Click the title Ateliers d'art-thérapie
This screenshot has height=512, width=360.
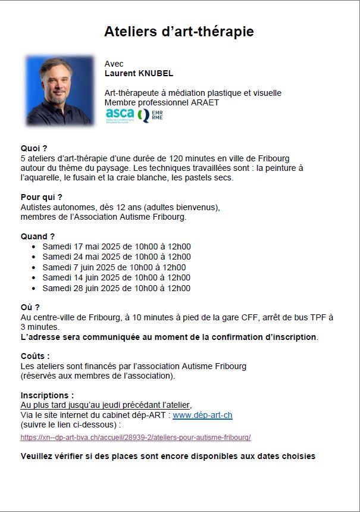[x=179, y=32]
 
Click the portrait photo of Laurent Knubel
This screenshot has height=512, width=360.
[x=60, y=90]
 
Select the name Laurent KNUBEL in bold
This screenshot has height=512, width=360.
[x=139, y=74]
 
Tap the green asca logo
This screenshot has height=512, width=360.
[x=120, y=114]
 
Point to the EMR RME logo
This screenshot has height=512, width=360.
[x=150, y=115]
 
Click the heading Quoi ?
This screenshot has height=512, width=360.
[x=34, y=148]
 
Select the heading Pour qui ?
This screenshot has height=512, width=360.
[x=41, y=197]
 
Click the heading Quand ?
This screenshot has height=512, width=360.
[x=37, y=236]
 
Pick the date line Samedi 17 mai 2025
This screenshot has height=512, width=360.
[x=116, y=246]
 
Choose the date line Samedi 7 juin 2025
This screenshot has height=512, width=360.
[x=114, y=267]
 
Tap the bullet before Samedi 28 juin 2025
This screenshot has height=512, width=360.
[x=35, y=289]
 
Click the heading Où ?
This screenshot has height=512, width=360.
[x=30, y=307]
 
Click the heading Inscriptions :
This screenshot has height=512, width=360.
[x=48, y=395]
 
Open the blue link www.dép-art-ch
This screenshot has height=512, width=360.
[x=202, y=415]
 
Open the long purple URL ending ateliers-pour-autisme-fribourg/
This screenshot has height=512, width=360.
[x=136, y=437]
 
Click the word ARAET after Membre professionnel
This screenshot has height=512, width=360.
[x=205, y=102]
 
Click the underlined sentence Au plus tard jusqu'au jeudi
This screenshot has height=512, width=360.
[x=106, y=405]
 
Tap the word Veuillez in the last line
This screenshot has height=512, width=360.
[x=37, y=457]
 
